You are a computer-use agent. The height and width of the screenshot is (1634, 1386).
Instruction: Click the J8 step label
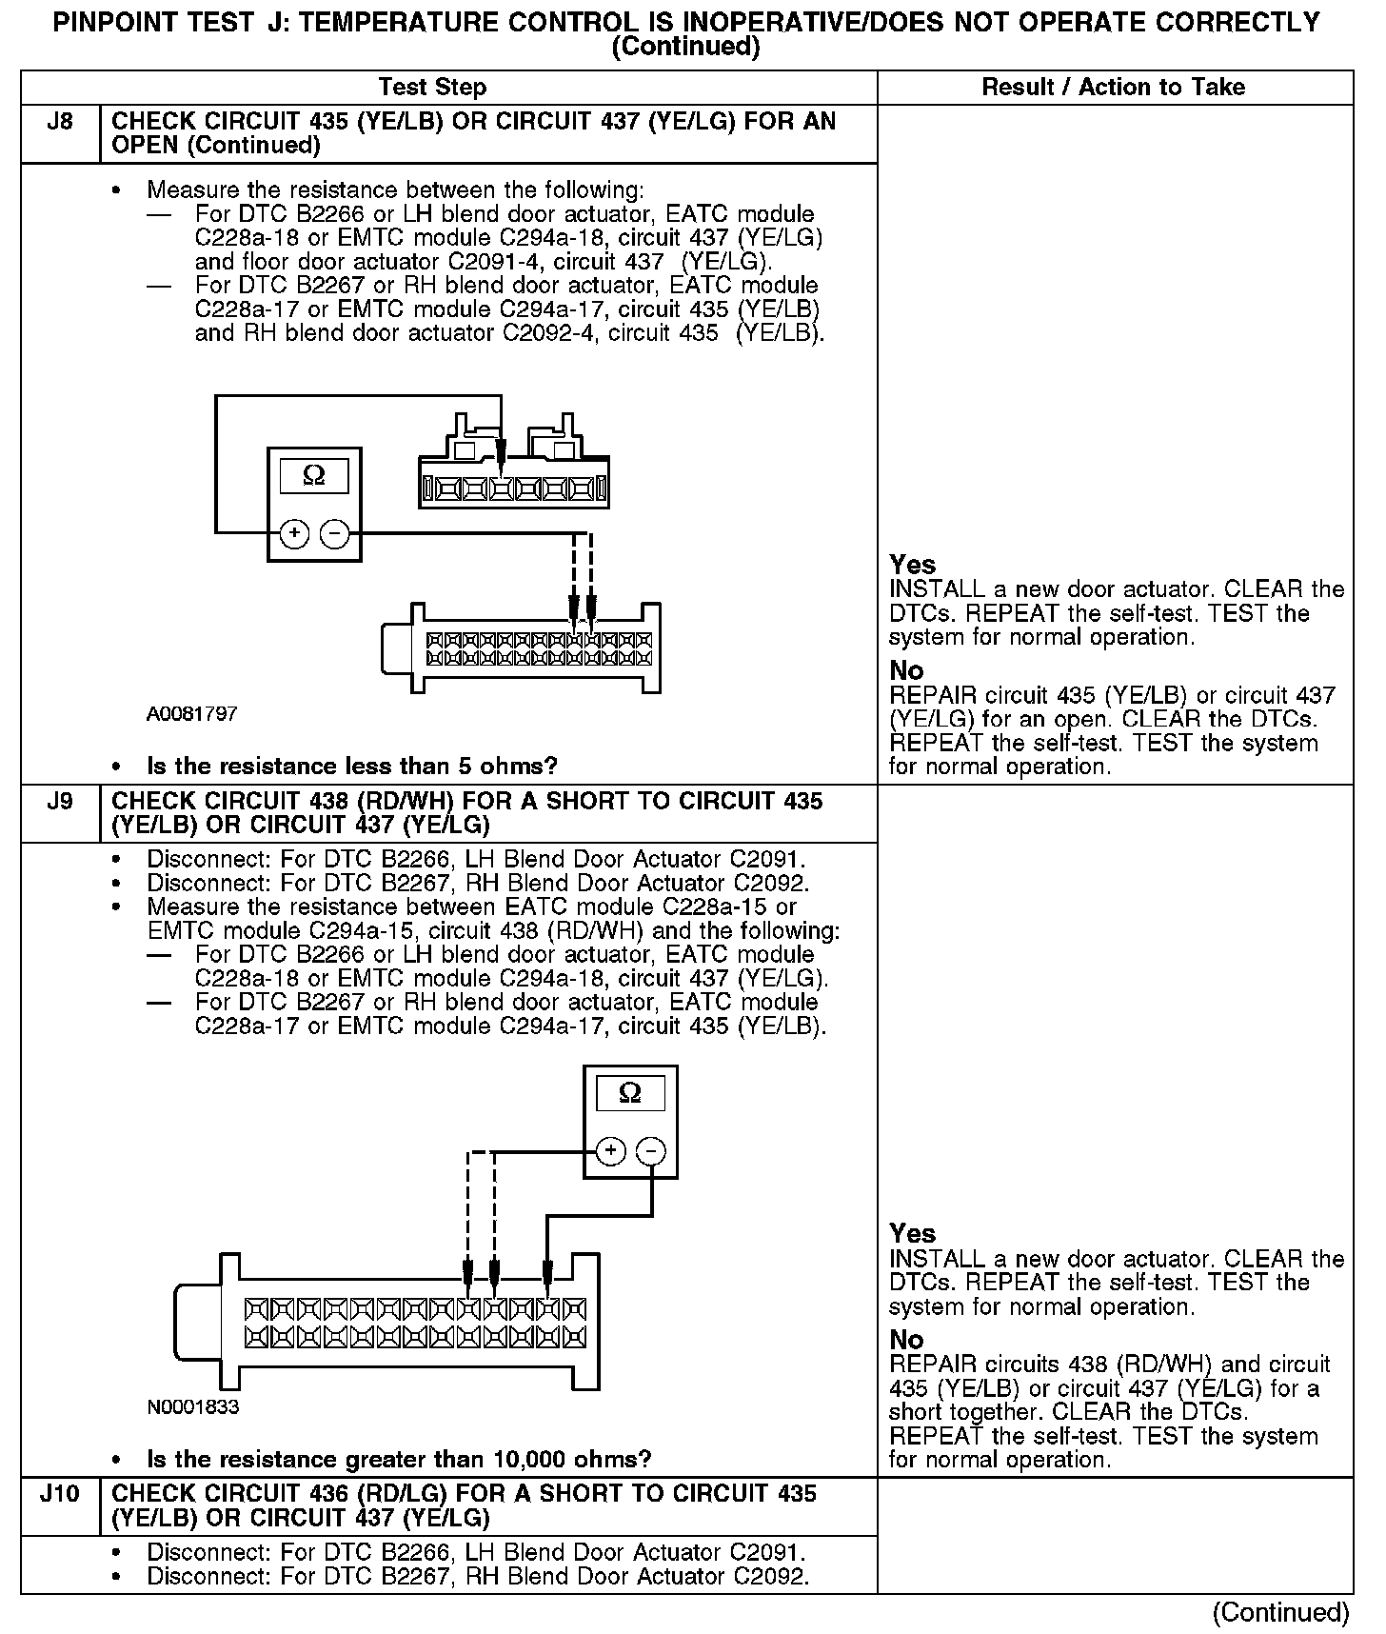point(59,122)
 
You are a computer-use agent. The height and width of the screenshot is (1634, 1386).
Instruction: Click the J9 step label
point(59,801)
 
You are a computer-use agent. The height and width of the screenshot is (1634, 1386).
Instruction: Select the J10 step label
point(59,1493)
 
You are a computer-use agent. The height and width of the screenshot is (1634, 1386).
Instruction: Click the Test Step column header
point(432,88)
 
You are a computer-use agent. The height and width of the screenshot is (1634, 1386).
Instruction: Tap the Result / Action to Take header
point(1113,88)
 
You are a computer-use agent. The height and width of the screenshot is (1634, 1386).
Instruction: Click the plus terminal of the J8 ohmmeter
point(294,534)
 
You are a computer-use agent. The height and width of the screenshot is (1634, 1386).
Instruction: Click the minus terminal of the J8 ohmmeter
point(334,534)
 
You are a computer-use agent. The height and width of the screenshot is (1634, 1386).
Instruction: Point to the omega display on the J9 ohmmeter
point(629,1093)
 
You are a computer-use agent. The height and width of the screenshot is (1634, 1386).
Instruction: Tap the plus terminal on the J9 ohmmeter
point(610,1151)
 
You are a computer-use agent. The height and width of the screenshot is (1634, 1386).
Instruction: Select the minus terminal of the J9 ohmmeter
point(650,1151)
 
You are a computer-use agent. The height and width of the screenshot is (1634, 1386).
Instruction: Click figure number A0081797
point(192,713)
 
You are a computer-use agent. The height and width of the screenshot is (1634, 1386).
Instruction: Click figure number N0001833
point(193,1407)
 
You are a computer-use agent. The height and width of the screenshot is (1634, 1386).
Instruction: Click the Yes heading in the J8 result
point(912,565)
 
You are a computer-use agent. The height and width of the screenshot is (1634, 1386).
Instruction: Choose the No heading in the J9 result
point(906,1339)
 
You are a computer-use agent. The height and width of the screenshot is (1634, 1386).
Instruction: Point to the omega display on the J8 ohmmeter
point(313,475)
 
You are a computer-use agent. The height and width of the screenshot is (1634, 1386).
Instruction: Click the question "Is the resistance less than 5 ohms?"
point(351,767)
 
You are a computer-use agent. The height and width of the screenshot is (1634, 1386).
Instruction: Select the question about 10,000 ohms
point(399,1460)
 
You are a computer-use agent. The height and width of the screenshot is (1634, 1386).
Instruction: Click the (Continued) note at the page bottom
point(1280,1612)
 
